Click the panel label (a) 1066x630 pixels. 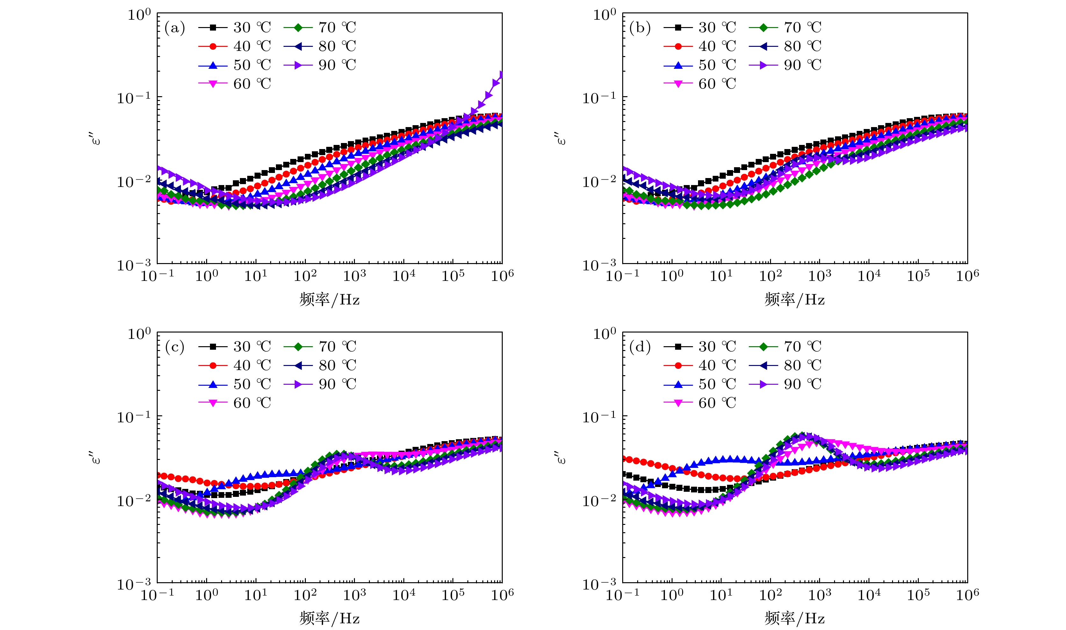pyautogui.click(x=175, y=28)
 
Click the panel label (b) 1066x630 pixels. pyautogui.click(x=640, y=28)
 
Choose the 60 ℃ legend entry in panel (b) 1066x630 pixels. pyautogui.click(x=700, y=84)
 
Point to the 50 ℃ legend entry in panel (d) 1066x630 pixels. pyautogui.click(x=700, y=384)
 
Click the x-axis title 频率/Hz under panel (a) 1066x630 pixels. pyautogui.click(x=329, y=300)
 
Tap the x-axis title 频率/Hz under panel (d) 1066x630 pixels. pyautogui.click(x=795, y=619)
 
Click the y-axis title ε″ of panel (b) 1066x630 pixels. pyautogui.click(x=561, y=139)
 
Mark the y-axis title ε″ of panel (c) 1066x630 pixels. pyautogui.click(x=96, y=458)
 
